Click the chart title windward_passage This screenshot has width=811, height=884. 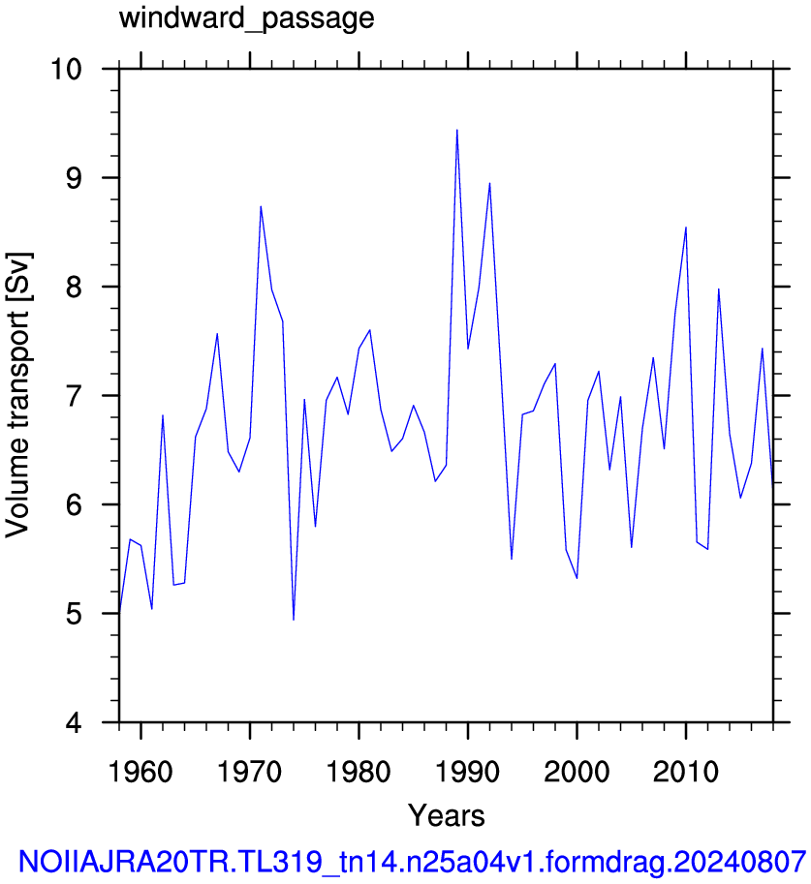coord(247,18)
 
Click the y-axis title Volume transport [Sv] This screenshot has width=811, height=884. coord(18,395)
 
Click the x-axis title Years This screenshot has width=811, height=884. coord(447,816)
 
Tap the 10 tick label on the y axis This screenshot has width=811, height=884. coord(66,70)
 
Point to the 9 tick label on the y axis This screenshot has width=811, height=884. coord(74,178)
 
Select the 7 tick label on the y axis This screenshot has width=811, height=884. coord(74,396)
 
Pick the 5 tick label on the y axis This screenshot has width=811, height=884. coord(74,614)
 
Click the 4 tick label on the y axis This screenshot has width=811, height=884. coord(74,722)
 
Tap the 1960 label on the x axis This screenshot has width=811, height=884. coord(140,772)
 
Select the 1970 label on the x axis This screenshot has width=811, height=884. coord(249,772)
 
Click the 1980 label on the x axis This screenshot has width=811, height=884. coord(359,772)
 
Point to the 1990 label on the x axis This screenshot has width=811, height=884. coord(468,772)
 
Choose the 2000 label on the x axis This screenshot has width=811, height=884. coord(577,772)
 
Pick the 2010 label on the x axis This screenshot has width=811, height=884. coord(686,772)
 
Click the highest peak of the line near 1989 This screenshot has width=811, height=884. coord(457,131)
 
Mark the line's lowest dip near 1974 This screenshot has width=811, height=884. coord(294,620)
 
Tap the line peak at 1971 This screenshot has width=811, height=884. coord(261,206)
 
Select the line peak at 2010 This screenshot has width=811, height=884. coord(686,228)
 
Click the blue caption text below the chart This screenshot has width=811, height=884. coord(413,862)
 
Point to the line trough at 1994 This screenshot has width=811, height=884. coord(512,559)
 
